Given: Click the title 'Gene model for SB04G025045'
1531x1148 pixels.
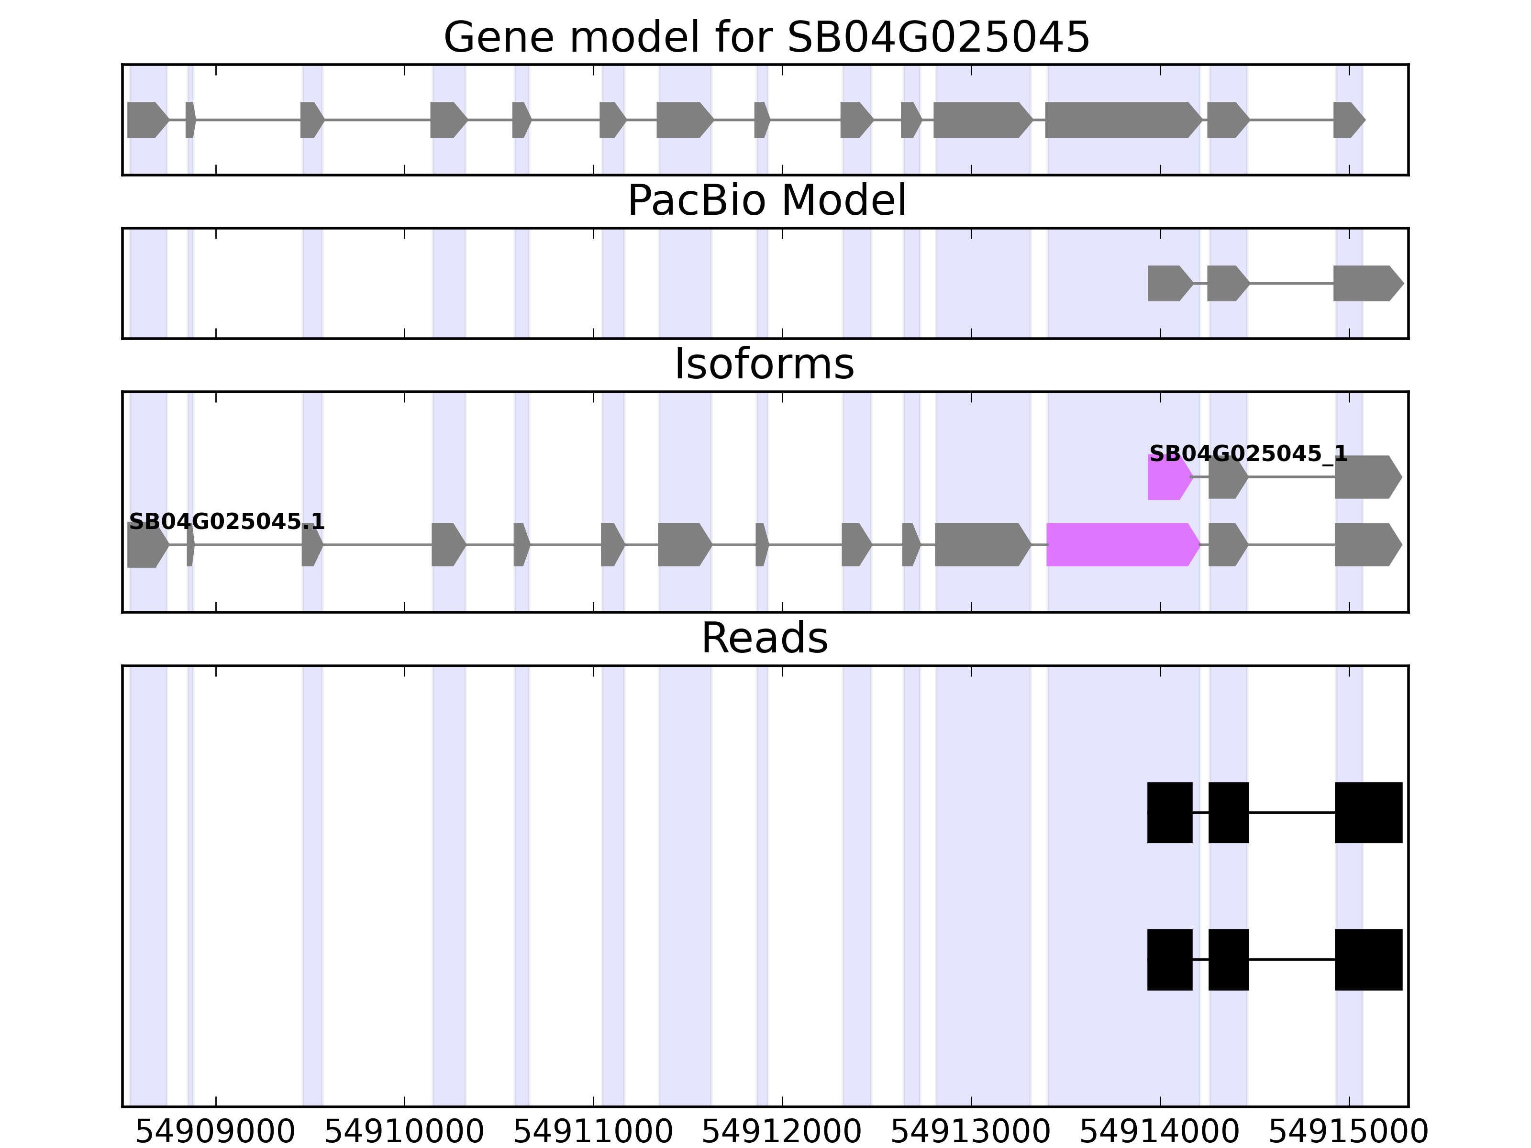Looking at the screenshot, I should click(766, 37).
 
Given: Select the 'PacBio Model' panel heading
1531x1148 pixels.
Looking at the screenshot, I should click(766, 201).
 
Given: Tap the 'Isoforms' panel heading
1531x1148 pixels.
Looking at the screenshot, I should click(764, 364).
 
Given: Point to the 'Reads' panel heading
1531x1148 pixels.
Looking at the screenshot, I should click(764, 638).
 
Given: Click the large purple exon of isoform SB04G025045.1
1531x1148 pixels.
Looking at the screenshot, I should click(1121, 545).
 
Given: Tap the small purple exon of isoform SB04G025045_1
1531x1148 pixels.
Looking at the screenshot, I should click(1168, 477).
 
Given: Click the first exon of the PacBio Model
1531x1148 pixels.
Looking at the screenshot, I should click(1168, 283).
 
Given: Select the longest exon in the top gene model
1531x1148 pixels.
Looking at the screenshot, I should click(1121, 120).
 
